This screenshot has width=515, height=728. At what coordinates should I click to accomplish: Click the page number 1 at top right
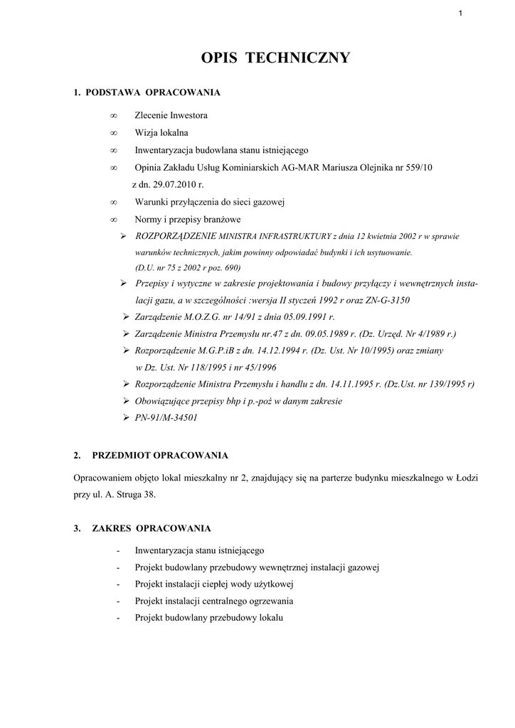tap(461, 14)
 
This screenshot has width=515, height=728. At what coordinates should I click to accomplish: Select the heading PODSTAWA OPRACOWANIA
tap(152, 92)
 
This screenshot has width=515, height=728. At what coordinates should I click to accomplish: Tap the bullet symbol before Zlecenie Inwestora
tap(114, 115)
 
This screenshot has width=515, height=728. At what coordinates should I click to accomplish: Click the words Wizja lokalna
tap(161, 133)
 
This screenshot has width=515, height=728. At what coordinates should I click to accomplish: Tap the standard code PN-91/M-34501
tap(166, 418)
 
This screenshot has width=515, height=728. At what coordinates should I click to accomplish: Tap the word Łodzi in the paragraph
tap(465, 478)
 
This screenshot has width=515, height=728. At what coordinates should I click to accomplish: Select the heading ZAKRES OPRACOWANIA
tap(152, 528)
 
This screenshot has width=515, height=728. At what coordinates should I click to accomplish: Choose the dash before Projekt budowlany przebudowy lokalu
tap(117, 619)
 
